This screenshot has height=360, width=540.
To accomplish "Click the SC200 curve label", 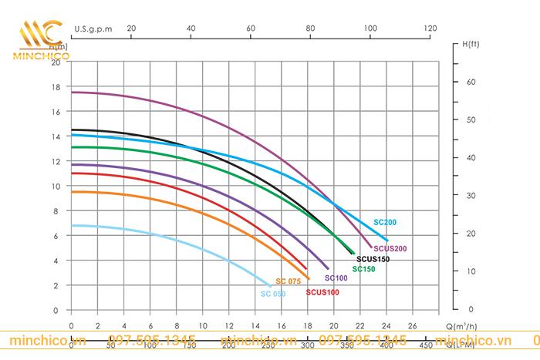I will tap(386, 222).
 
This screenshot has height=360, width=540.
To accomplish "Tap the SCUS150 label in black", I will tap(372, 259).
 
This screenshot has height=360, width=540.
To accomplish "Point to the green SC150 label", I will tap(364, 269).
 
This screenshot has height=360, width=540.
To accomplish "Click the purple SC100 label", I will tap(336, 278).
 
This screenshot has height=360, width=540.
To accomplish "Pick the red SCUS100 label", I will tap(322, 292).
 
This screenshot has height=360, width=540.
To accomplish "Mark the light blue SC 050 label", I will tap(272, 294).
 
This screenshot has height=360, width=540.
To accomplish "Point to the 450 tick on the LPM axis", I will tap(425, 345).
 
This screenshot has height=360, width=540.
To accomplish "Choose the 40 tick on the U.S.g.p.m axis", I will tap(191, 28).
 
